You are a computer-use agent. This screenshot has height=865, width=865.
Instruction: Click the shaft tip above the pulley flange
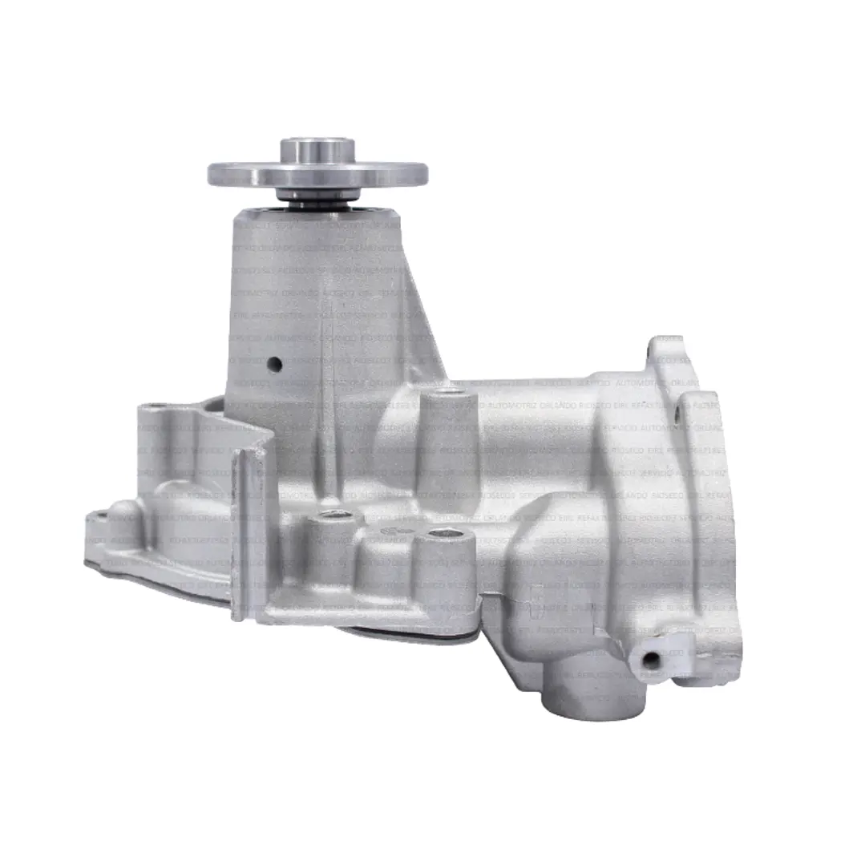pos(317,149)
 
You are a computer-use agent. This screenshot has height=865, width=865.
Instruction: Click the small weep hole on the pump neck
pos(274,365)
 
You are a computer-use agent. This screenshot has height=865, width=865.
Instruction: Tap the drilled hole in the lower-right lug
pos(650,660)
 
